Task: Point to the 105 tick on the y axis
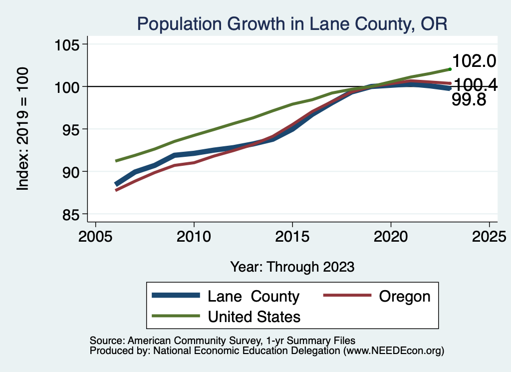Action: click(x=68, y=44)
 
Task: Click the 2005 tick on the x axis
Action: click(x=95, y=236)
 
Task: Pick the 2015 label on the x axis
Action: click(x=292, y=236)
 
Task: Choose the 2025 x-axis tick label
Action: click(x=489, y=236)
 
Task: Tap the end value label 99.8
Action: click(x=469, y=100)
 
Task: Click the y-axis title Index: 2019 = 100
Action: click(x=22, y=129)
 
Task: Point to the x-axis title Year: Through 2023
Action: click(x=292, y=267)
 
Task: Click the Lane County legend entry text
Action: click(x=253, y=296)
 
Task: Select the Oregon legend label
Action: click(x=404, y=296)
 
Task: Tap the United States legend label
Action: click(x=254, y=316)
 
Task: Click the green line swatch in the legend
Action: click(x=176, y=316)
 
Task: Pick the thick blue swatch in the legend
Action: click(x=176, y=296)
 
